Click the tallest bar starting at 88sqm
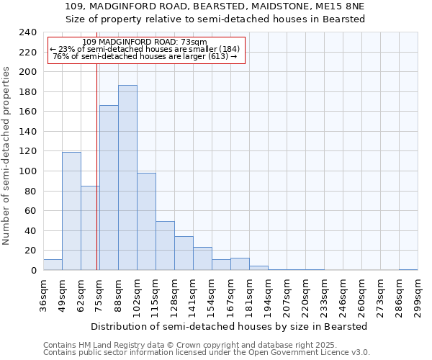(x=127, y=178)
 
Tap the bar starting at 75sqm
(x=109, y=188)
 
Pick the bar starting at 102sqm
(x=146, y=222)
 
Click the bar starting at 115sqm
(x=165, y=246)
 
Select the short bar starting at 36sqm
(x=53, y=265)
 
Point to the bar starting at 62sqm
(x=90, y=228)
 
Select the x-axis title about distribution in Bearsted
(x=230, y=326)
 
